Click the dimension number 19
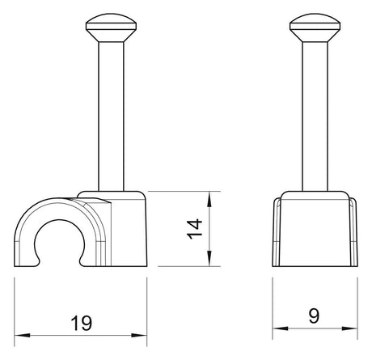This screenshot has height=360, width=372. point(81,323)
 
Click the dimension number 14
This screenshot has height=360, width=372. point(195,229)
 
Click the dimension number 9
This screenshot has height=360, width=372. point(314,316)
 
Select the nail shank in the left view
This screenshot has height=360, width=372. point(111,116)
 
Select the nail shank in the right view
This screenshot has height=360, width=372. point(315,116)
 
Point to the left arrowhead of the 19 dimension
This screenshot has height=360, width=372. point(22,336)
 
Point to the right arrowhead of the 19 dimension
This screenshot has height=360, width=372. point(139,336)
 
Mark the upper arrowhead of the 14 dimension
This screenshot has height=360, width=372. point(209,199)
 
